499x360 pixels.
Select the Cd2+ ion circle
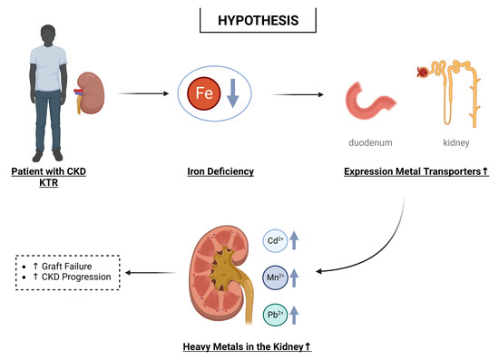coord(276,242)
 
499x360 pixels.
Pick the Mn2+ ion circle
coord(276,278)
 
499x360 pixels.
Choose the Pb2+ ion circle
coord(276,314)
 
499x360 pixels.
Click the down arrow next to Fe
coord(230,94)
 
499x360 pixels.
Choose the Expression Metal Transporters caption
coord(416,170)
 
